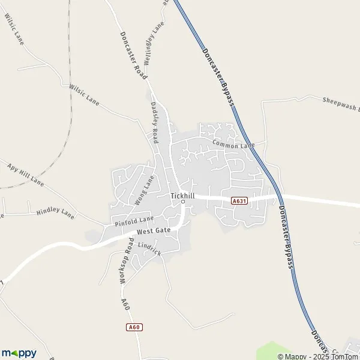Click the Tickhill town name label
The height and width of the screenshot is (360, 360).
pos(183,196)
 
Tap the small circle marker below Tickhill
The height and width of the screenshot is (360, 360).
pos(183,202)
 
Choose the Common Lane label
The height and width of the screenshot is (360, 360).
pos(233,145)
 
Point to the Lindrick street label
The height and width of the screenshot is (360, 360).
pos(149,248)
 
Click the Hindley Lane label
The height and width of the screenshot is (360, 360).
pos(55,213)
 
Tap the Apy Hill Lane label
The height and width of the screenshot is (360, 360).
pos(25,172)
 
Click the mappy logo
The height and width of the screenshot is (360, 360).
pos(19,353)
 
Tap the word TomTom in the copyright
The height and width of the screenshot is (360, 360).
pos(344,356)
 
